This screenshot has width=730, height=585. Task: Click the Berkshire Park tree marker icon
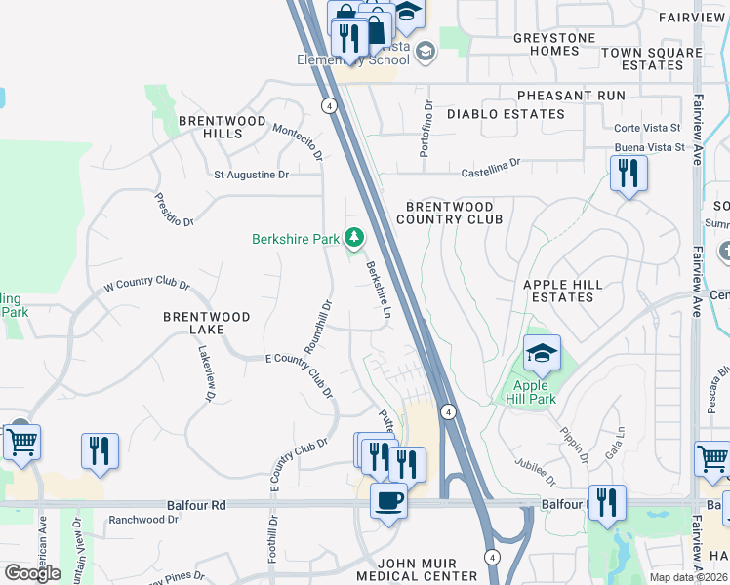[x=354, y=237]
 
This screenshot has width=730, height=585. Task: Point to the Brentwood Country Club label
[x=454, y=213]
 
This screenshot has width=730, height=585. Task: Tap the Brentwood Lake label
[x=206, y=323]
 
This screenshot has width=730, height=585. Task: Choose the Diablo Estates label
[x=506, y=114]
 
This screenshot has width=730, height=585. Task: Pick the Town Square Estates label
[x=652, y=58]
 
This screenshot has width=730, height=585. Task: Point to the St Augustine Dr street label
[x=252, y=175]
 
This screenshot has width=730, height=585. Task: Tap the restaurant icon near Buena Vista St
[x=629, y=174]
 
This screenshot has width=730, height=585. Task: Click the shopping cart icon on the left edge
[x=21, y=442]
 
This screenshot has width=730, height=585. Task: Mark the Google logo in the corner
[x=32, y=573]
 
